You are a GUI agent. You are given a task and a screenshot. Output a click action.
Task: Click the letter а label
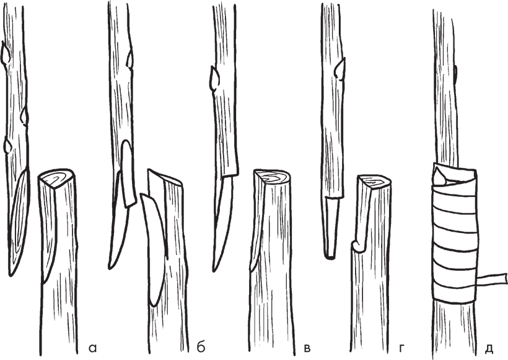point(92,348)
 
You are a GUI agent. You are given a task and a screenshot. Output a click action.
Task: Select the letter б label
point(201,347)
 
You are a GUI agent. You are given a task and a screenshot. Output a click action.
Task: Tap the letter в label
point(307,348)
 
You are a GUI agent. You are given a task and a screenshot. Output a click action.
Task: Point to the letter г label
point(401,348)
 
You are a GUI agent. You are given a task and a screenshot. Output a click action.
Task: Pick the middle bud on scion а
point(25,116)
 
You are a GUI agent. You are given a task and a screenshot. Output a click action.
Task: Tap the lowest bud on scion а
point(8,146)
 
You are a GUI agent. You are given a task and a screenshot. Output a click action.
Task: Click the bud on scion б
point(130,58)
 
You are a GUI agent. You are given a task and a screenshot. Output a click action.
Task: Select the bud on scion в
point(214,78)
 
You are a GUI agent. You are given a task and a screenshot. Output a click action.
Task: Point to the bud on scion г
point(340,69)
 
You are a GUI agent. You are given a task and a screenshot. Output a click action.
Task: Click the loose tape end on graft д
point(492,279)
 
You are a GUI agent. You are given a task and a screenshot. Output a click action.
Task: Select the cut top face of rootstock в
point(273,177)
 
